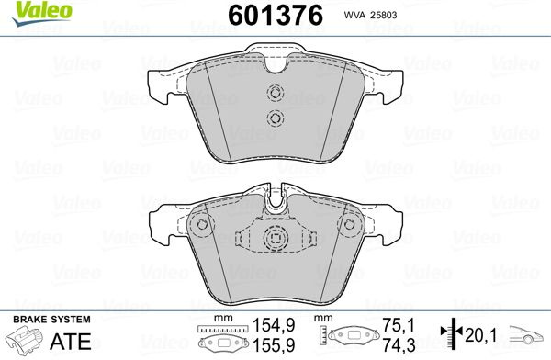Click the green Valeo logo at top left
click(42, 13)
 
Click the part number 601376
click(275, 16)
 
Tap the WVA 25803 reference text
click(370, 15)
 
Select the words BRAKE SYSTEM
click(51, 320)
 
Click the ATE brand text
click(71, 341)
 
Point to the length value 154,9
click(274, 325)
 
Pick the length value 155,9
click(274, 345)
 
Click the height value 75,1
click(399, 325)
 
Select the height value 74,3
click(399, 345)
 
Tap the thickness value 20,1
click(480, 335)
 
